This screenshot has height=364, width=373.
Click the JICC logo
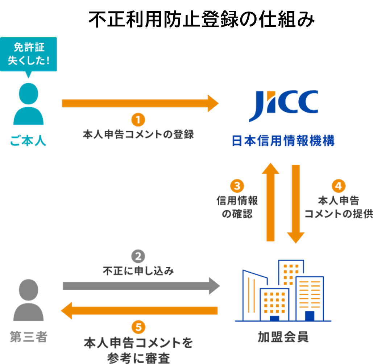point(283,106)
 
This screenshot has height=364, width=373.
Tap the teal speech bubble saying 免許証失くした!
point(28,55)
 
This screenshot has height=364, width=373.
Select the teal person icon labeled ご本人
point(28,104)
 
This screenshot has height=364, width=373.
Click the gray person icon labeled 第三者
point(28,300)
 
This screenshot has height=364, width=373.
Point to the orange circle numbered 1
point(138,120)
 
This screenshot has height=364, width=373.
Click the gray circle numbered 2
point(138,256)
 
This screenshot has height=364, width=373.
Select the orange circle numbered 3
point(237,186)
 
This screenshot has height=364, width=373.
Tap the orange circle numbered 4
point(339,186)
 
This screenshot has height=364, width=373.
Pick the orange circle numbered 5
point(138,327)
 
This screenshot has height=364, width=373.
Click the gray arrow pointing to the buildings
point(141,286)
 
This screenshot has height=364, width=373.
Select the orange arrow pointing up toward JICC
point(270,202)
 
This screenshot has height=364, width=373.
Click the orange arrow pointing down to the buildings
point(296,204)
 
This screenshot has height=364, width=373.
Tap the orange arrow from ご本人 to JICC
point(140,103)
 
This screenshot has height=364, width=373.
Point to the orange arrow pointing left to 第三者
point(140,310)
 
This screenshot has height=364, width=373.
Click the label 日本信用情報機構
point(283,140)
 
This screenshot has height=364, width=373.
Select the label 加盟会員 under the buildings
point(283,337)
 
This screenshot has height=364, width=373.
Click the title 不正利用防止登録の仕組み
point(201,19)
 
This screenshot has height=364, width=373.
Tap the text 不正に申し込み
point(138,271)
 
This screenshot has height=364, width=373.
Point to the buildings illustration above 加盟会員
point(283,291)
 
